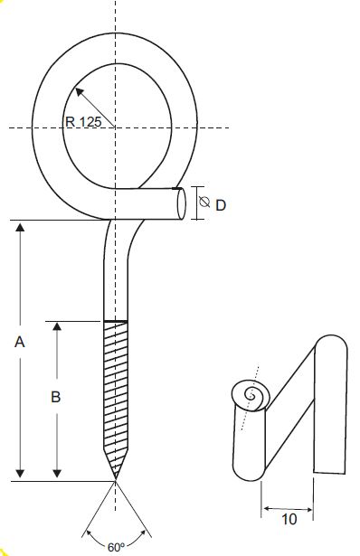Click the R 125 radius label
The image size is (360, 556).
point(84,122)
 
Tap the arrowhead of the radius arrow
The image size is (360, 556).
point(80,92)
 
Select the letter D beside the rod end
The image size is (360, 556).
point(221,205)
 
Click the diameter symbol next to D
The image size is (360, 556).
point(204,202)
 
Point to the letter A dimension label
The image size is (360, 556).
point(20,343)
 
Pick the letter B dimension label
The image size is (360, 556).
point(56,397)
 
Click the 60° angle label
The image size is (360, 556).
point(117,547)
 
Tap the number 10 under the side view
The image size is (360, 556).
point(289,520)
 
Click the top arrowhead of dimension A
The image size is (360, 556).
point(20,227)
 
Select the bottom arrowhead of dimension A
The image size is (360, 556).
point(20,474)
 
